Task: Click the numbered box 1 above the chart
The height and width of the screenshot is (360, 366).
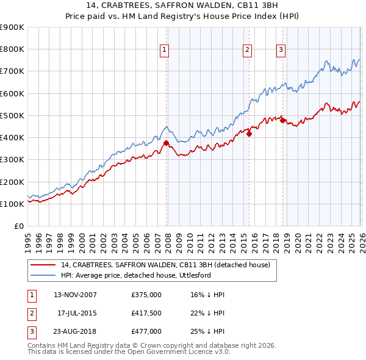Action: coord(165,51)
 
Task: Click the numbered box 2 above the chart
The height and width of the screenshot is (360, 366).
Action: coord(248,51)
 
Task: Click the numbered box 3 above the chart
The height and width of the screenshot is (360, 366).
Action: coord(281,51)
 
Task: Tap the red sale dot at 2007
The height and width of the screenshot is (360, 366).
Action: coord(166,143)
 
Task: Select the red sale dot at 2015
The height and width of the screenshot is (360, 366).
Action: coord(249,134)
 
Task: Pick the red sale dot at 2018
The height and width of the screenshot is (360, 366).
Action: coord(282,121)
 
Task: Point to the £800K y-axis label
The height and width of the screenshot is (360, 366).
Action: coord(12,49)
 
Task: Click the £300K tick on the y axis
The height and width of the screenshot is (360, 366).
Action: coord(12,160)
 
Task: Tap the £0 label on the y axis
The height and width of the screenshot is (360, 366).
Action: coord(18,226)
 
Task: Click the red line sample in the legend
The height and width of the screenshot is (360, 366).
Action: coord(43,265)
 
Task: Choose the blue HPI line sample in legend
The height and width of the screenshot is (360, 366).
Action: coord(43,275)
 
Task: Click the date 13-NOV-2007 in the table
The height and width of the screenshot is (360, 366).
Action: coord(75,295)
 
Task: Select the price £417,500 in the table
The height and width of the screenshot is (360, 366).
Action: coord(146,313)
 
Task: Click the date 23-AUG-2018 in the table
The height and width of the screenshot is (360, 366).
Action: coord(75,331)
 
